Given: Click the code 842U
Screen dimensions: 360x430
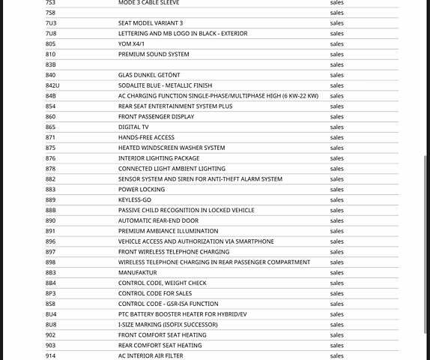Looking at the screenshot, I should (x=52, y=85).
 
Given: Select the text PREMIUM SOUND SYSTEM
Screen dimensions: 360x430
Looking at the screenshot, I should (x=154, y=54).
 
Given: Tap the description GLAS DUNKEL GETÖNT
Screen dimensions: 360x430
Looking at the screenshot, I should (x=149, y=75).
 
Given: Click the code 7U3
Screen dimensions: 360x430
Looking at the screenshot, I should (x=51, y=23).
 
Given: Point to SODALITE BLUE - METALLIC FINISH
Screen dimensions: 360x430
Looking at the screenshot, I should (x=165, y=85).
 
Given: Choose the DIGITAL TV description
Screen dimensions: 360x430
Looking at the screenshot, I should (x=133, y=127).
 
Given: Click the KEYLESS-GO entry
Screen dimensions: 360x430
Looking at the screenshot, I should (x=135, y=199).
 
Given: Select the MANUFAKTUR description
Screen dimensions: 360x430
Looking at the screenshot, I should (x=138, y=272).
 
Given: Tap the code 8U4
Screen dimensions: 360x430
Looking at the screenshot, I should (x=51, y=314).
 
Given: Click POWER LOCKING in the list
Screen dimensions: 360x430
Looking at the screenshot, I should (x=142, y=189).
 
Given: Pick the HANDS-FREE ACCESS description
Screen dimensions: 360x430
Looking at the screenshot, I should (x=146, y=137).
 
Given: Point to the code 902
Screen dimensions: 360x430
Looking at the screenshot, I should (x=50, y=335).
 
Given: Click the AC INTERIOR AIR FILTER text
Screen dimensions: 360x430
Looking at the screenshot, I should (x=151, y=355).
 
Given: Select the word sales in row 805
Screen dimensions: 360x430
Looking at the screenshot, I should (x=337, y=43).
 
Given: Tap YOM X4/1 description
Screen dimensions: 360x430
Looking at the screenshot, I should (x=131, y=43).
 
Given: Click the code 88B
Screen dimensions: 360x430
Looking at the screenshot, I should (x=51, y=210).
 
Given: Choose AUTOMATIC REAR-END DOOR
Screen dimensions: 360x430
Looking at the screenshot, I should (x=158, y=220).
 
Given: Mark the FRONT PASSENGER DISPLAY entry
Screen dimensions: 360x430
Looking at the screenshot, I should (x=157, y=116).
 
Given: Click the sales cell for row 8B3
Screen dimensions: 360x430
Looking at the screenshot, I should (x=337, y=272).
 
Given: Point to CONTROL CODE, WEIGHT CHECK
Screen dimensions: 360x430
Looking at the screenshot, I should (x=163, y=283).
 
